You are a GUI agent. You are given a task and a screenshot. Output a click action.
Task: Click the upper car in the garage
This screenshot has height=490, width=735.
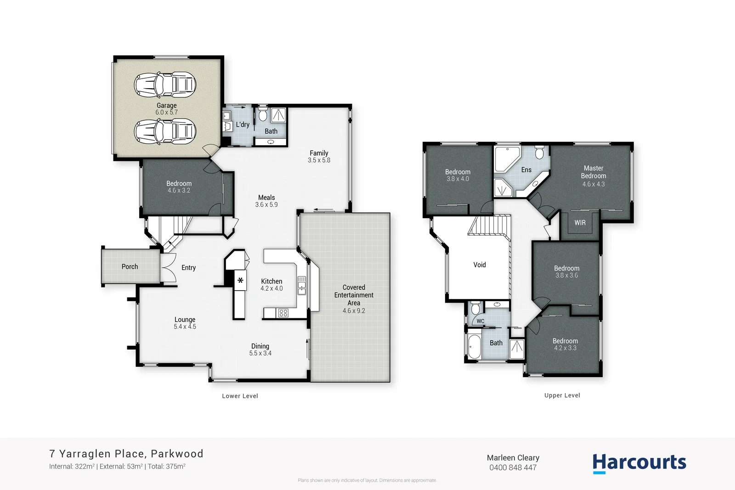165,84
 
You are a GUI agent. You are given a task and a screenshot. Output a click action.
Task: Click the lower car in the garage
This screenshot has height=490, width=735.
165,131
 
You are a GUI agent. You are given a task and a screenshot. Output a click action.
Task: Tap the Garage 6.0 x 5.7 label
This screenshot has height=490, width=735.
166,109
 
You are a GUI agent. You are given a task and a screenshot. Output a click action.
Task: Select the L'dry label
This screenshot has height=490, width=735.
243,124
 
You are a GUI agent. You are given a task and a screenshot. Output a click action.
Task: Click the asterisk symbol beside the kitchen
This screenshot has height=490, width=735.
240,280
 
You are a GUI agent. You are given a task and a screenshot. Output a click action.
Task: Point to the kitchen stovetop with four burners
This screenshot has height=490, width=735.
283,313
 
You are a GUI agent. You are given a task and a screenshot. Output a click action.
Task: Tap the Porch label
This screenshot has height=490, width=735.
130,266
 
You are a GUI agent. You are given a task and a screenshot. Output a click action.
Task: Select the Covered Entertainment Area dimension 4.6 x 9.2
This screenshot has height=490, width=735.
354,311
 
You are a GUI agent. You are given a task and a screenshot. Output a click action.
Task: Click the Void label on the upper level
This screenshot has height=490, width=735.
480,265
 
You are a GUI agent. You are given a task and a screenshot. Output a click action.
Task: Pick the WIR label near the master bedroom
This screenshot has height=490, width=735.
580,223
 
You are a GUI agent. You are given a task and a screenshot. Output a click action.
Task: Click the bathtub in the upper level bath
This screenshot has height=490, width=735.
474,347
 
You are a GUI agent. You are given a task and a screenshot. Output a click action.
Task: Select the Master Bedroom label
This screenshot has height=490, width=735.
594,172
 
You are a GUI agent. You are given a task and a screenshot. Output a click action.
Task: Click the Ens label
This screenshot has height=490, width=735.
526,170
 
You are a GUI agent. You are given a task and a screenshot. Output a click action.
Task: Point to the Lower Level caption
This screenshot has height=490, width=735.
240,396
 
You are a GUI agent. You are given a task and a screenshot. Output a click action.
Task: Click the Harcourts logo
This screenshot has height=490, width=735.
639,463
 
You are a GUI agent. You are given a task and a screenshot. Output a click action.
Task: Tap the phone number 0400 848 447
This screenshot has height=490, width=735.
513,467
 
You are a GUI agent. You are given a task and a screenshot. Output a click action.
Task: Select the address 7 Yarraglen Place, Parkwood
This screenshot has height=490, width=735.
126,454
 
